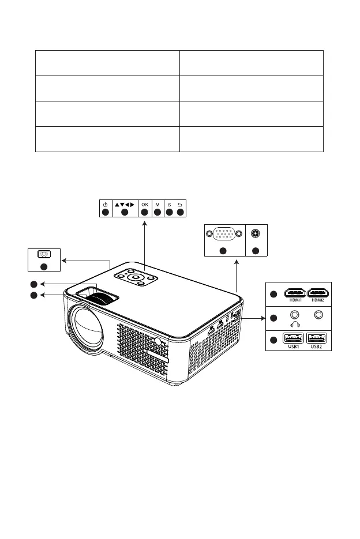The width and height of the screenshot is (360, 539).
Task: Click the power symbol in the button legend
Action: pyautogui.click(x=105, y=203)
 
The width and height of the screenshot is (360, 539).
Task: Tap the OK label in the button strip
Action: pyautogui.click(x=144, y=203)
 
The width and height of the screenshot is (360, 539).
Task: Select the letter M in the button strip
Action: pyautogui.click(x=157, y=203)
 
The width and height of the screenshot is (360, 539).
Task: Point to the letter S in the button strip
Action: pyautogui.click(x=170, y=203)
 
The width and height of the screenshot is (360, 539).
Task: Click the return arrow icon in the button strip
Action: pyautogui.click(x=180, y=203)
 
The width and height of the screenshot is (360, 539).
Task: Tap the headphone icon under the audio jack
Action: pyautogui.click(x=295, y=324)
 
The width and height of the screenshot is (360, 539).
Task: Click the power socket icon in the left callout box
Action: pyautogui.click(x=44, y=254)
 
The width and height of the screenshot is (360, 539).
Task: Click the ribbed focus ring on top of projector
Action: pyautogui.click(x=107, y=299)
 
